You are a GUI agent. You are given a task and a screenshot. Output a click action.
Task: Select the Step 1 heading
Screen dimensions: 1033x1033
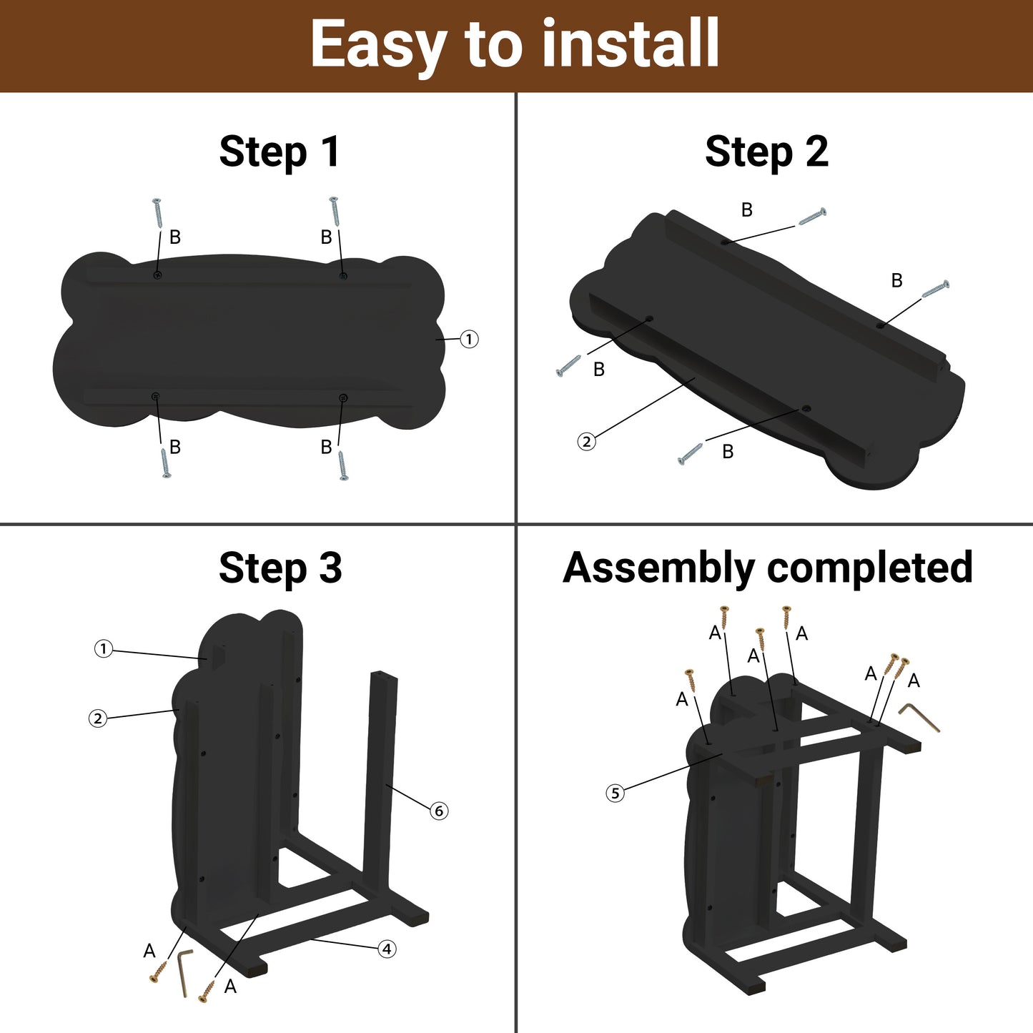pyautogui.click(x=280, y=152)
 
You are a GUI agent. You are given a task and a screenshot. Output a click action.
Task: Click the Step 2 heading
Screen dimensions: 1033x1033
pyautogui.click(x=766, y=152)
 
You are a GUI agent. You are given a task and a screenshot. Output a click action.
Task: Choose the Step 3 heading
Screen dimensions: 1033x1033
pyautogui.click(x=280, y=568)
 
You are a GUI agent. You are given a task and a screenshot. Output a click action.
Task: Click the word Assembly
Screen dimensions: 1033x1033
pyautogui.click(x=659, y=568)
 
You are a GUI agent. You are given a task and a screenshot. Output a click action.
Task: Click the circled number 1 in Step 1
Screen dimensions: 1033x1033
pyautogui.click(x=469, y=339)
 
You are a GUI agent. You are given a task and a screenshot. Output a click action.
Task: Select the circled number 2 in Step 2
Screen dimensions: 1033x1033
pyautogui.click(x=586, y=442)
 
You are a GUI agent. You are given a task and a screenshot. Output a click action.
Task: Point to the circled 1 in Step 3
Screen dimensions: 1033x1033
pyautogui.click(x=104, y=649)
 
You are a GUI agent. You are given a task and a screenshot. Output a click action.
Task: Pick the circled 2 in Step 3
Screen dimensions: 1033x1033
pyautogui.click(x=97, y=718)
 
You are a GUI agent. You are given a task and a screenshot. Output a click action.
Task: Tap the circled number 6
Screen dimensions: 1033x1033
pyautogui.click(x=439, y=811)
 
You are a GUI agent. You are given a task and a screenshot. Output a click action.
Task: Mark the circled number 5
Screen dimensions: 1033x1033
pyautogui.click(x=616, y=793)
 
